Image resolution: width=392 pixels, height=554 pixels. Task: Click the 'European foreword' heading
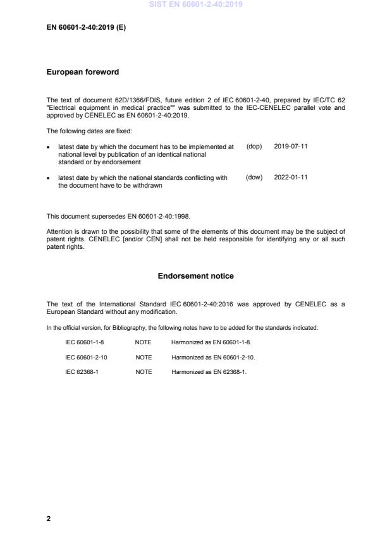(x=83, y=72)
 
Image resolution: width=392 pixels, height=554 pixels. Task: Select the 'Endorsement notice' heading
(x=196, y=276)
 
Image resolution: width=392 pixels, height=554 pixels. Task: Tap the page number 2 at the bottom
(x=49, y=519)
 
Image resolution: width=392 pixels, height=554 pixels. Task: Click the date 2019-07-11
(x=291, y=146)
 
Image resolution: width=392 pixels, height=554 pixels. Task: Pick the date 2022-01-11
(x=291, y=178)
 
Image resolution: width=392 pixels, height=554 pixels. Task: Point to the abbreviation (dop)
(x=254, y=146)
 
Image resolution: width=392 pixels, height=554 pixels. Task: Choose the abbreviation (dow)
(x=254, y=178)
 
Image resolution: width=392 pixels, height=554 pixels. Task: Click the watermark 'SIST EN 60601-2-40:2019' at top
(x=196, y=5)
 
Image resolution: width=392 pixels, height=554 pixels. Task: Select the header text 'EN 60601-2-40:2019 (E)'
(x=86, y=28)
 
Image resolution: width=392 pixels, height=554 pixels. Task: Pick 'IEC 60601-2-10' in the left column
(x=87, y=357)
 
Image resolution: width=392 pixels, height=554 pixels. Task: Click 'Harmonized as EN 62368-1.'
(x=209, y=372)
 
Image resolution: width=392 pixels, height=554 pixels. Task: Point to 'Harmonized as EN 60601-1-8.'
(x=211, y=342)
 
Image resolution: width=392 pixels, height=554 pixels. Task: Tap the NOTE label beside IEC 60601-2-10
(x=144, y=357)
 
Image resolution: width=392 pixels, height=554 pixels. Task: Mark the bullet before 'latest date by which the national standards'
(x=49, y=178)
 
